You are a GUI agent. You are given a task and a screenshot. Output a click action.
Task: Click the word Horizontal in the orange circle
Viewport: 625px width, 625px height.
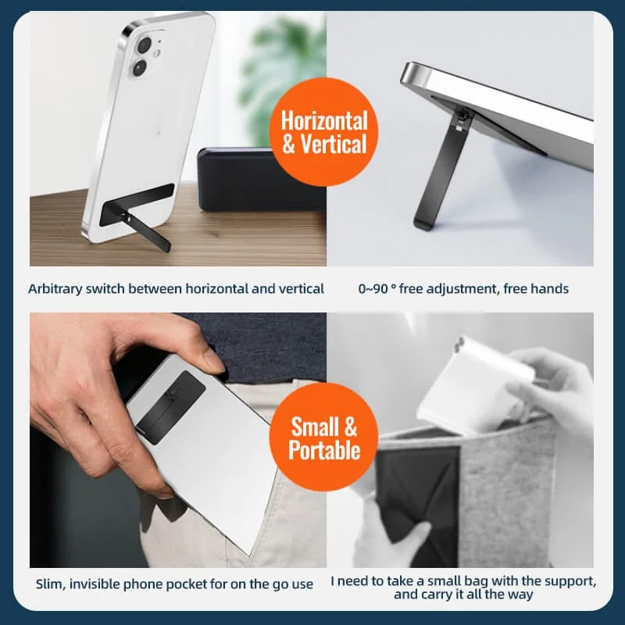pos(324,120)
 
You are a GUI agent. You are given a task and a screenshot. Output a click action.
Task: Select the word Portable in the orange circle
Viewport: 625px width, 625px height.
pos(324,450)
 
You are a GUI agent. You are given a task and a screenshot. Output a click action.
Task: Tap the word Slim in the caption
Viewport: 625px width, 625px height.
pos(51,584)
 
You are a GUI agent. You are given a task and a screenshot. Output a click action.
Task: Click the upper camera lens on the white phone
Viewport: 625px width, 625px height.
pos(145,45)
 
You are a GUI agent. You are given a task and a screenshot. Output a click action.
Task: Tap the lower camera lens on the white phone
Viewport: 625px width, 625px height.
pos(140,68)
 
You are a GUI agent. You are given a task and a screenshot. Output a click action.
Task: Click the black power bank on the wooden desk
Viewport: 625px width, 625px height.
pos(262,180)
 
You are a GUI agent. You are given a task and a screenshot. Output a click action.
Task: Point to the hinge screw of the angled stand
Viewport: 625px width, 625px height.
pos(463,115)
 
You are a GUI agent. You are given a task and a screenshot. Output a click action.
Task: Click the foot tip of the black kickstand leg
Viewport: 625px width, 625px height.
pos(422,226)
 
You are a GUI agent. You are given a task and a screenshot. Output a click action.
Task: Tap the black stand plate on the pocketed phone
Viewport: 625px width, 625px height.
pos(172,407)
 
